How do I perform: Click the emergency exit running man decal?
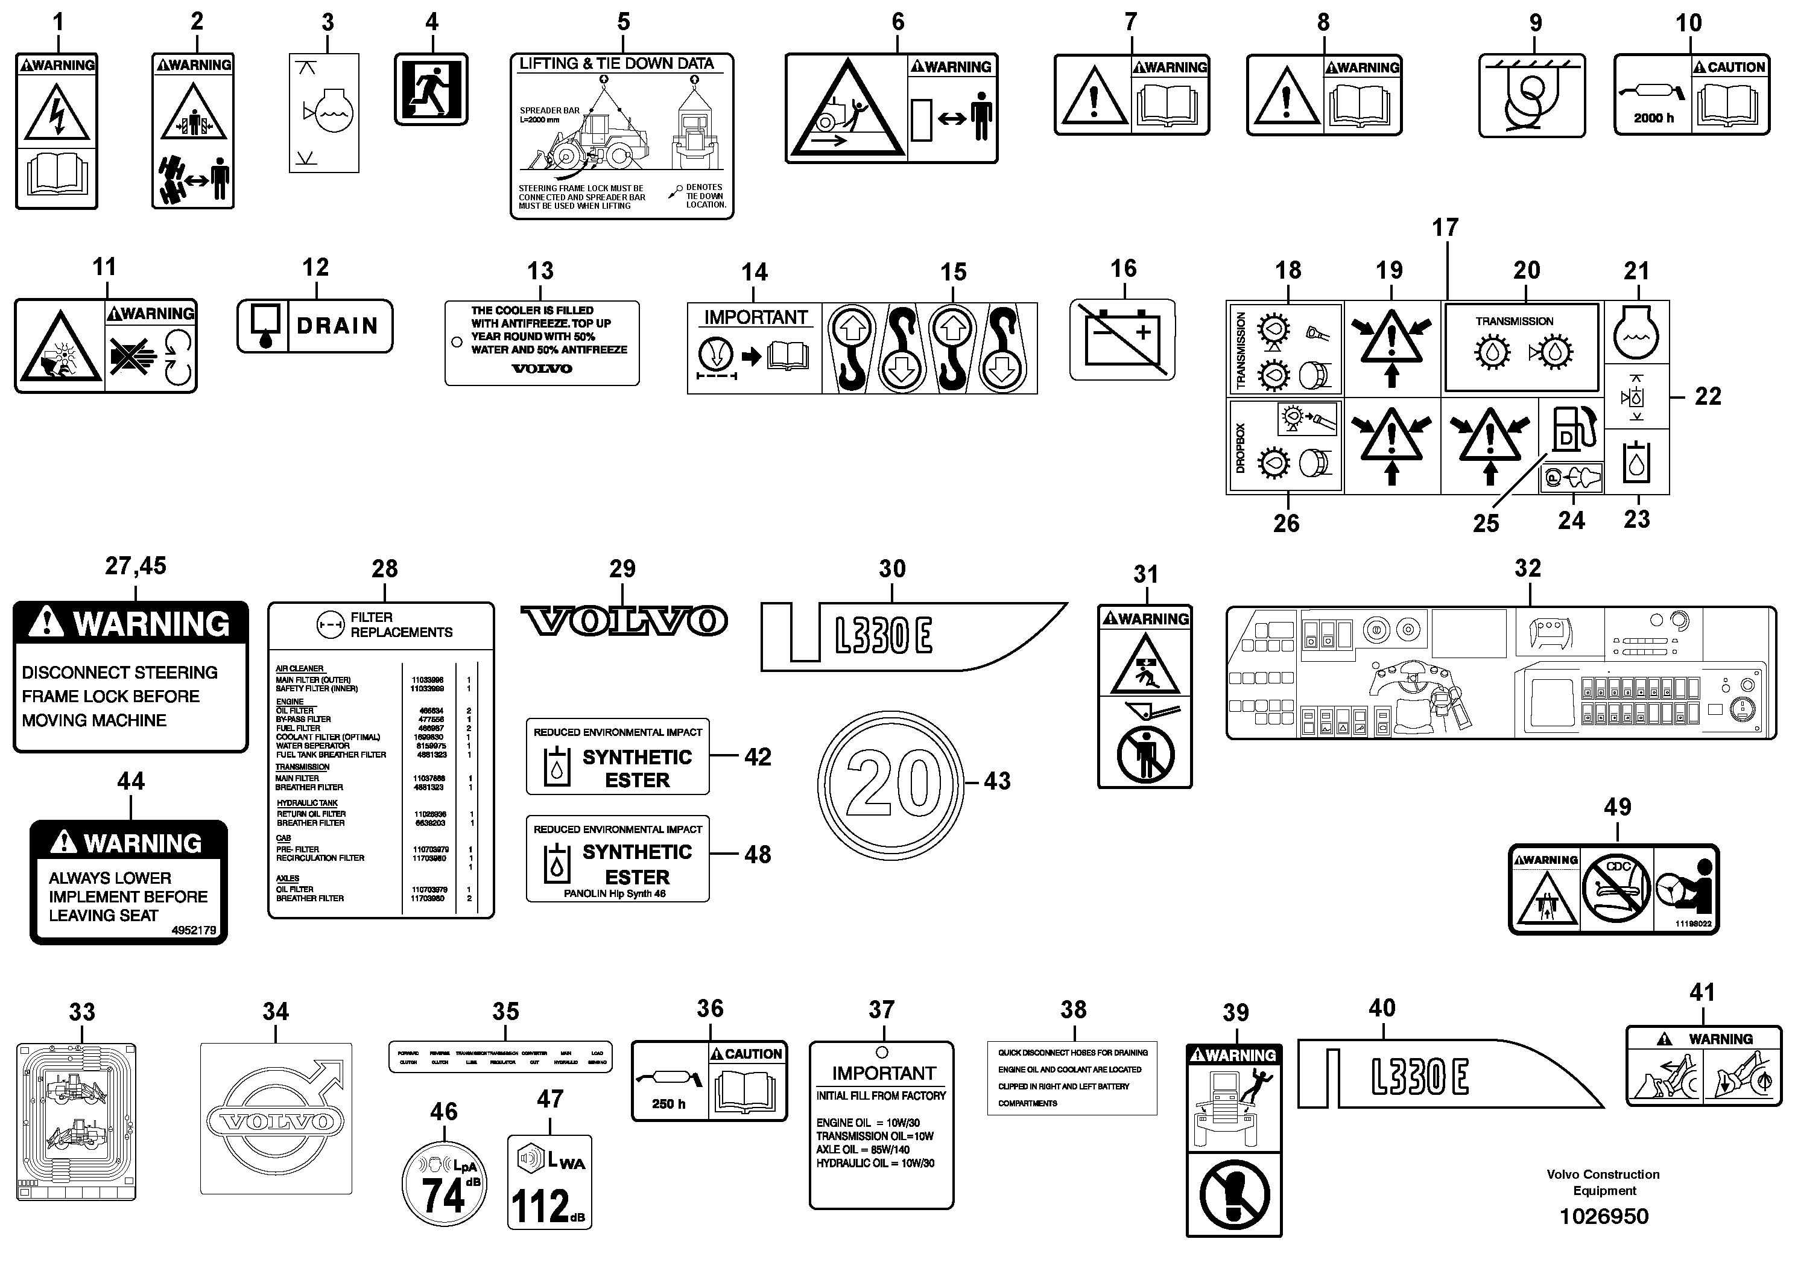coord(431,89)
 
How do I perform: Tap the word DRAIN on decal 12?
coord(337,325)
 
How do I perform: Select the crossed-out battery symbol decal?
coord(1122,339)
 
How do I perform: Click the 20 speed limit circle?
coord(890,782)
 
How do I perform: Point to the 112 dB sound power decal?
coord(549,1182)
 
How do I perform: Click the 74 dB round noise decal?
coord(443,1182)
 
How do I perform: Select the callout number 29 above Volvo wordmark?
coord(622,569)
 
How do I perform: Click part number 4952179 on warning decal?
coord(194,930)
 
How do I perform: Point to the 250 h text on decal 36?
coord(668,1104)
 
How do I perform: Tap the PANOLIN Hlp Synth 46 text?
coord(615,893)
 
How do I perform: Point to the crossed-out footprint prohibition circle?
coord(1233,1195)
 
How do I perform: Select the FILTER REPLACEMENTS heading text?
coord(400,624)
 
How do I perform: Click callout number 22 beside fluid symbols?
coord(1708,396)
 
